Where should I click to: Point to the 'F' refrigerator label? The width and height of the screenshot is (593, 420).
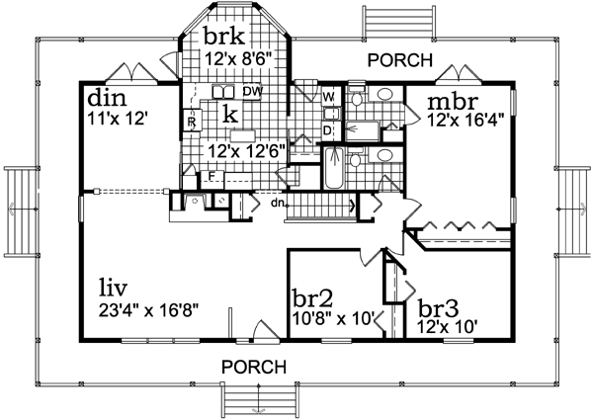click(x=212, y=177)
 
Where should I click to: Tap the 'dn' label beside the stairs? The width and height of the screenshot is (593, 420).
click(x=280, y=205)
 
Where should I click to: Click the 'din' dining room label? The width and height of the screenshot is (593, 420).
click(x=106, y=99)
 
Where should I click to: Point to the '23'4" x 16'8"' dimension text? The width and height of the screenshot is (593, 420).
click(x=149, y=309)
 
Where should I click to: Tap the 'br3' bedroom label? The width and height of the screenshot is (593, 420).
click(x=437, y=306)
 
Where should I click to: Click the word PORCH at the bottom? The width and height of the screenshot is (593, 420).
click(x=253, y=366)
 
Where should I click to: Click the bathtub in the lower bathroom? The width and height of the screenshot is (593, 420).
click(x=333, y=169)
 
